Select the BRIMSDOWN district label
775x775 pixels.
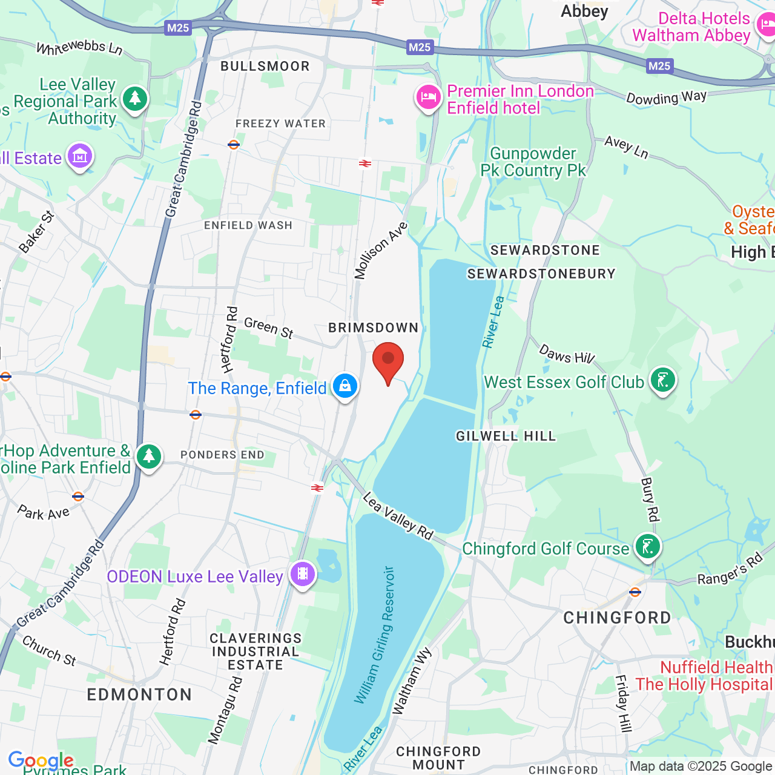(x=373, y=328)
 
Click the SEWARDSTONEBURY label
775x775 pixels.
(x=541, y=274)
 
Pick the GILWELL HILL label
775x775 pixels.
(x=506, y=436)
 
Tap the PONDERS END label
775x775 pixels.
(x=222, y=455)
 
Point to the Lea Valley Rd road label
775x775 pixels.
(x=398, y=516)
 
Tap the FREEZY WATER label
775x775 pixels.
(x=280, y=124)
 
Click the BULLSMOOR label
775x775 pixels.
(x=265, y=66)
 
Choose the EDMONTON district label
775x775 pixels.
(x=139, y=694)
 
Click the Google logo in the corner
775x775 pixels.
(x=41, y=760)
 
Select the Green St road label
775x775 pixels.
(x=268, y=328)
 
